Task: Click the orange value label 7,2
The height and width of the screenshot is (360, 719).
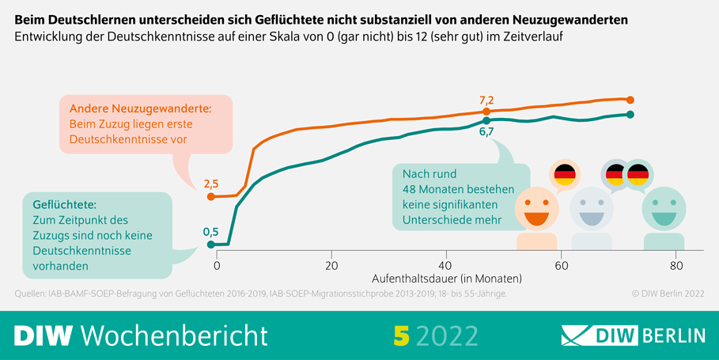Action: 486,100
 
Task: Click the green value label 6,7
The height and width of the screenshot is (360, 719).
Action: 486,132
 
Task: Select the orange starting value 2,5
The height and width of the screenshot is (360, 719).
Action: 211,184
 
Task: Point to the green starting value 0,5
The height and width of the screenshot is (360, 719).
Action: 211,232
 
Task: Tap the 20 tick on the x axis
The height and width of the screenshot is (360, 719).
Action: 332,265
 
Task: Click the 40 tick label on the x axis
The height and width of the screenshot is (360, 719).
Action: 446,265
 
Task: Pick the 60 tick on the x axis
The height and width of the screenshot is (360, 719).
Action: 561,265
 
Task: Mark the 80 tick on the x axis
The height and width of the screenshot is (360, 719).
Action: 675,265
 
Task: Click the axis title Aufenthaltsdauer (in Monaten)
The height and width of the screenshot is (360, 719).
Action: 447,279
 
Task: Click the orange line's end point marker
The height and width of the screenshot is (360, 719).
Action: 630,100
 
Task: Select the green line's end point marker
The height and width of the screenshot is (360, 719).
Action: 630,115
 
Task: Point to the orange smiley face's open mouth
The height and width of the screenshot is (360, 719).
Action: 536,218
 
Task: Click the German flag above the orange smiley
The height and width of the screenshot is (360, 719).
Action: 565,174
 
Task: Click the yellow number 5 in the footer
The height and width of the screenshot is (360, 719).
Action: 400,335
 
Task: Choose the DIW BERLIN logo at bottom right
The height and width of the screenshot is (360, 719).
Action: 633,335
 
